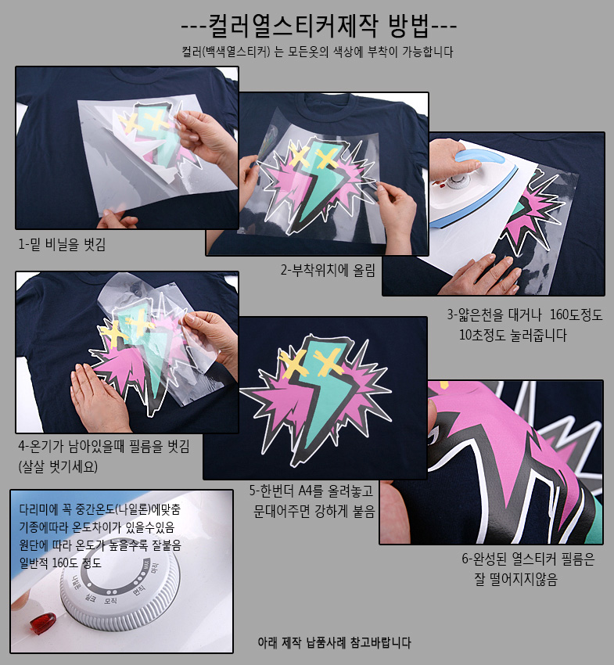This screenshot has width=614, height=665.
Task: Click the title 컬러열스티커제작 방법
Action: coord(319,26)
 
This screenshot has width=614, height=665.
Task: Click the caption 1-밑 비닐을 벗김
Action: coord(62,244)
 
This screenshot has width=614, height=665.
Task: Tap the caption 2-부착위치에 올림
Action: coord(328,270)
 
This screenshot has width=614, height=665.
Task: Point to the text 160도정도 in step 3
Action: coord(576,315)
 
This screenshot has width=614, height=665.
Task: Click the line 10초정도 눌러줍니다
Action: coord(513,335)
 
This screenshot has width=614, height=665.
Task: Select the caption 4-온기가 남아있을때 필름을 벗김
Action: coord(104,446)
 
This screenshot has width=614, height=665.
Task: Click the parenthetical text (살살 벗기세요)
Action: coord(58,466)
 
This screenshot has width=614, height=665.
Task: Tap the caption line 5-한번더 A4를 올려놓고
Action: coord(311,491)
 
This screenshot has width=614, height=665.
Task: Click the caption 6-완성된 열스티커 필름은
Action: coord(528,559)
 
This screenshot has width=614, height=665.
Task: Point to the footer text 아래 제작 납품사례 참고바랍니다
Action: coord(334,642)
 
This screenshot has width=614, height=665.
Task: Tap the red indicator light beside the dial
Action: coord(42,623)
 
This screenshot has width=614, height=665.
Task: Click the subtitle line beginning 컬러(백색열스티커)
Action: coord(318,52)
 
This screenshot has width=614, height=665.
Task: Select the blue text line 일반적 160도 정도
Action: coord(60,563)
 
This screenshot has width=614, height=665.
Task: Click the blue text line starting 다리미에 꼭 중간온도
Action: coord(99,509)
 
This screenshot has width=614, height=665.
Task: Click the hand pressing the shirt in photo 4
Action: coord(99,399)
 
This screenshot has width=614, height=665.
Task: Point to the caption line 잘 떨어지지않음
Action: coord(515,579)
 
